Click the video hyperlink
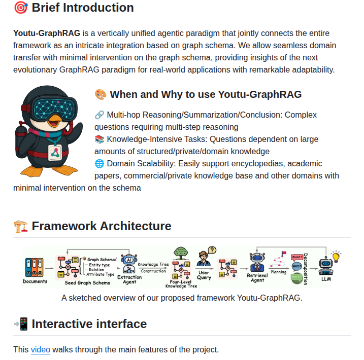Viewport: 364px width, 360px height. click(x=40, y=349)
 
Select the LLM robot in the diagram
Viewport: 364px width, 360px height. click(x=326, y=266)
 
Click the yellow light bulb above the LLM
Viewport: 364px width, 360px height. click(x=336, y=255)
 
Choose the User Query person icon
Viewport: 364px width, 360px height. click(x=204, y=260)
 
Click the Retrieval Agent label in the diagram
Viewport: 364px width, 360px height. click(x=257, y=277)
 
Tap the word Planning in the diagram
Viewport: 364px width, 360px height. click(x=278, y=272)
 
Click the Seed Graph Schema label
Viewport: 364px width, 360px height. click(x=87, y=283)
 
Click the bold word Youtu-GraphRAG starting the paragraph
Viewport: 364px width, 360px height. click(x=47, y=33)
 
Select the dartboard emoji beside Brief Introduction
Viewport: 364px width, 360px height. click(x=20, y=8)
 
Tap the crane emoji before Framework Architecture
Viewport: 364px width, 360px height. click(x=20, y=226)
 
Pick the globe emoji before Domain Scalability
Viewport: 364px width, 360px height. click(x=100, y=163)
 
